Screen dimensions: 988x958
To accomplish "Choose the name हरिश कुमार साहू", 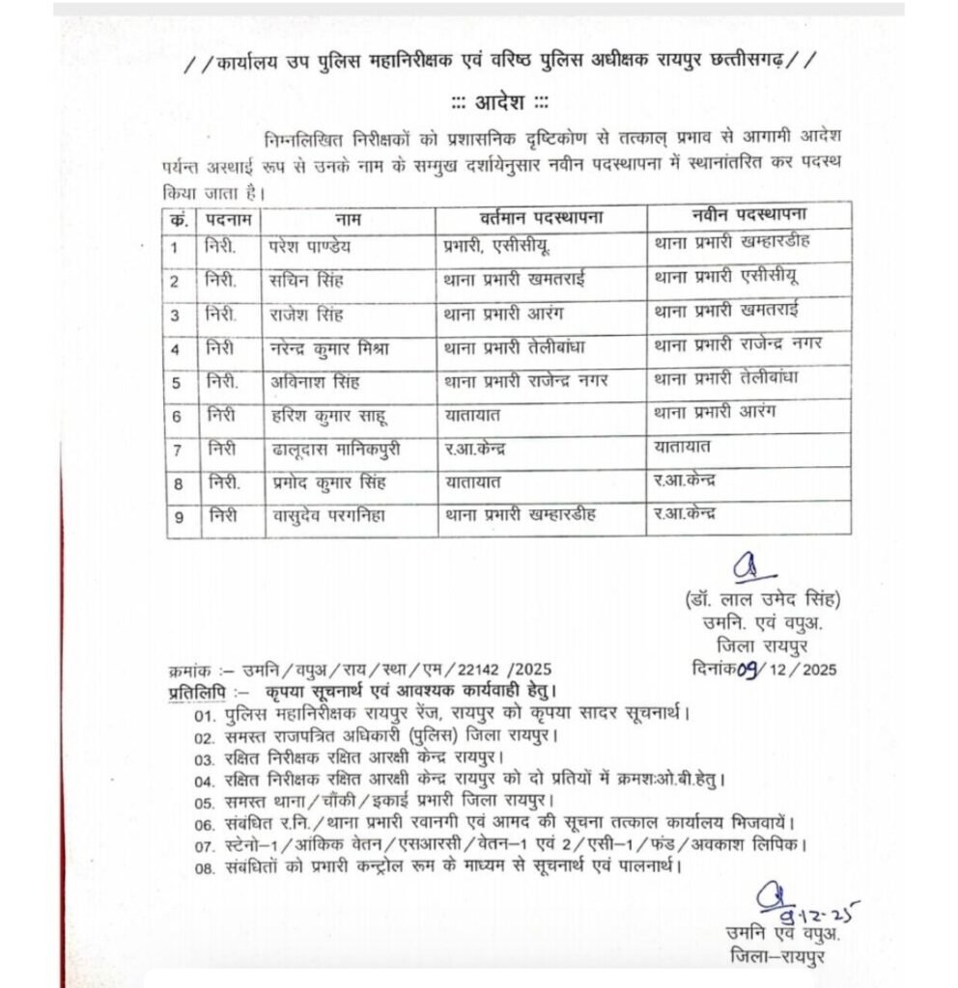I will [x=323, y=416].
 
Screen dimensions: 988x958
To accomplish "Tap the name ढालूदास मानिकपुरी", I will [x=332, y=449].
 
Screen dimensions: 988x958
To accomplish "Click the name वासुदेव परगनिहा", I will [x=329, y=515].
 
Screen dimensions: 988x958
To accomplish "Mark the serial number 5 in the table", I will [x=177, y=383].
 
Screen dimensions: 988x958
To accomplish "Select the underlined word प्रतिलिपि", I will [x=194, y=691].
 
